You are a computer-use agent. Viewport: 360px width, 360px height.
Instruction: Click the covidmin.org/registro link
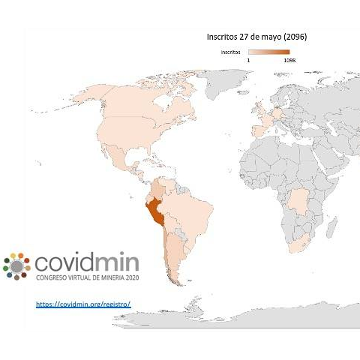[x=83, y=304]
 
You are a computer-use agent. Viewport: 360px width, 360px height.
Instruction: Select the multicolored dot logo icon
[x=16, y=265]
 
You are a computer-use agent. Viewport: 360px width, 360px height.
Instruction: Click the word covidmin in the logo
[x=90, y=262]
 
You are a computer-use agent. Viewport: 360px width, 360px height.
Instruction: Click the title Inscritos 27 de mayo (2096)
[x=256, y=36]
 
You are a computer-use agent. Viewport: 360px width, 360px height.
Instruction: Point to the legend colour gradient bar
[x=268, y=52]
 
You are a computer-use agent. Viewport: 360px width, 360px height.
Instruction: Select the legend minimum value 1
[x=248, y=59]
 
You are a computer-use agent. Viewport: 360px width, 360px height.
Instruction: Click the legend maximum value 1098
[x=289, y=59]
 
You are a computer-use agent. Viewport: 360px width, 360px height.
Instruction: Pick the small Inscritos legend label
[x=230, y=52]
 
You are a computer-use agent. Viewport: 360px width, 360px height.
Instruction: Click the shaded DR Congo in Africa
[x=299, y=201]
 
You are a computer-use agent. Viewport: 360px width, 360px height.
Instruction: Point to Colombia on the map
[x=157, y=187]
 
